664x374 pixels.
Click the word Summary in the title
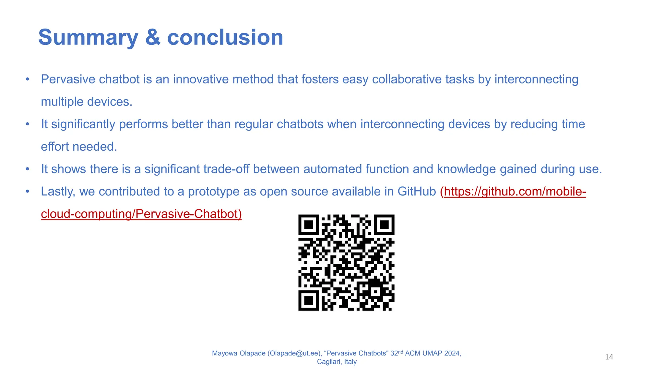click(x=88, y=37)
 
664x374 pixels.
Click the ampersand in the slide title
click(x=152, y=37)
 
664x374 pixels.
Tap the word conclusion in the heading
click(x=225, y=37)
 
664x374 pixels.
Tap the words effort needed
click(x=79, y=146)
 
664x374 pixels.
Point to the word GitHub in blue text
click(x=417, y=192)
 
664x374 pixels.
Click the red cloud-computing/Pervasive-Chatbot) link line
click(x=141, y=214)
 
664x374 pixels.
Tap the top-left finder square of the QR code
click(x=309, y=225)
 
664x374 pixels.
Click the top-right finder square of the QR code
click(x=384, y=225)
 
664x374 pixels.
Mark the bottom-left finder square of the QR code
click(x=309, y=300)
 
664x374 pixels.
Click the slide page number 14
click(x=609, y=357)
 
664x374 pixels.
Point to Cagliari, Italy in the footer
click(x=337, y=362)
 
